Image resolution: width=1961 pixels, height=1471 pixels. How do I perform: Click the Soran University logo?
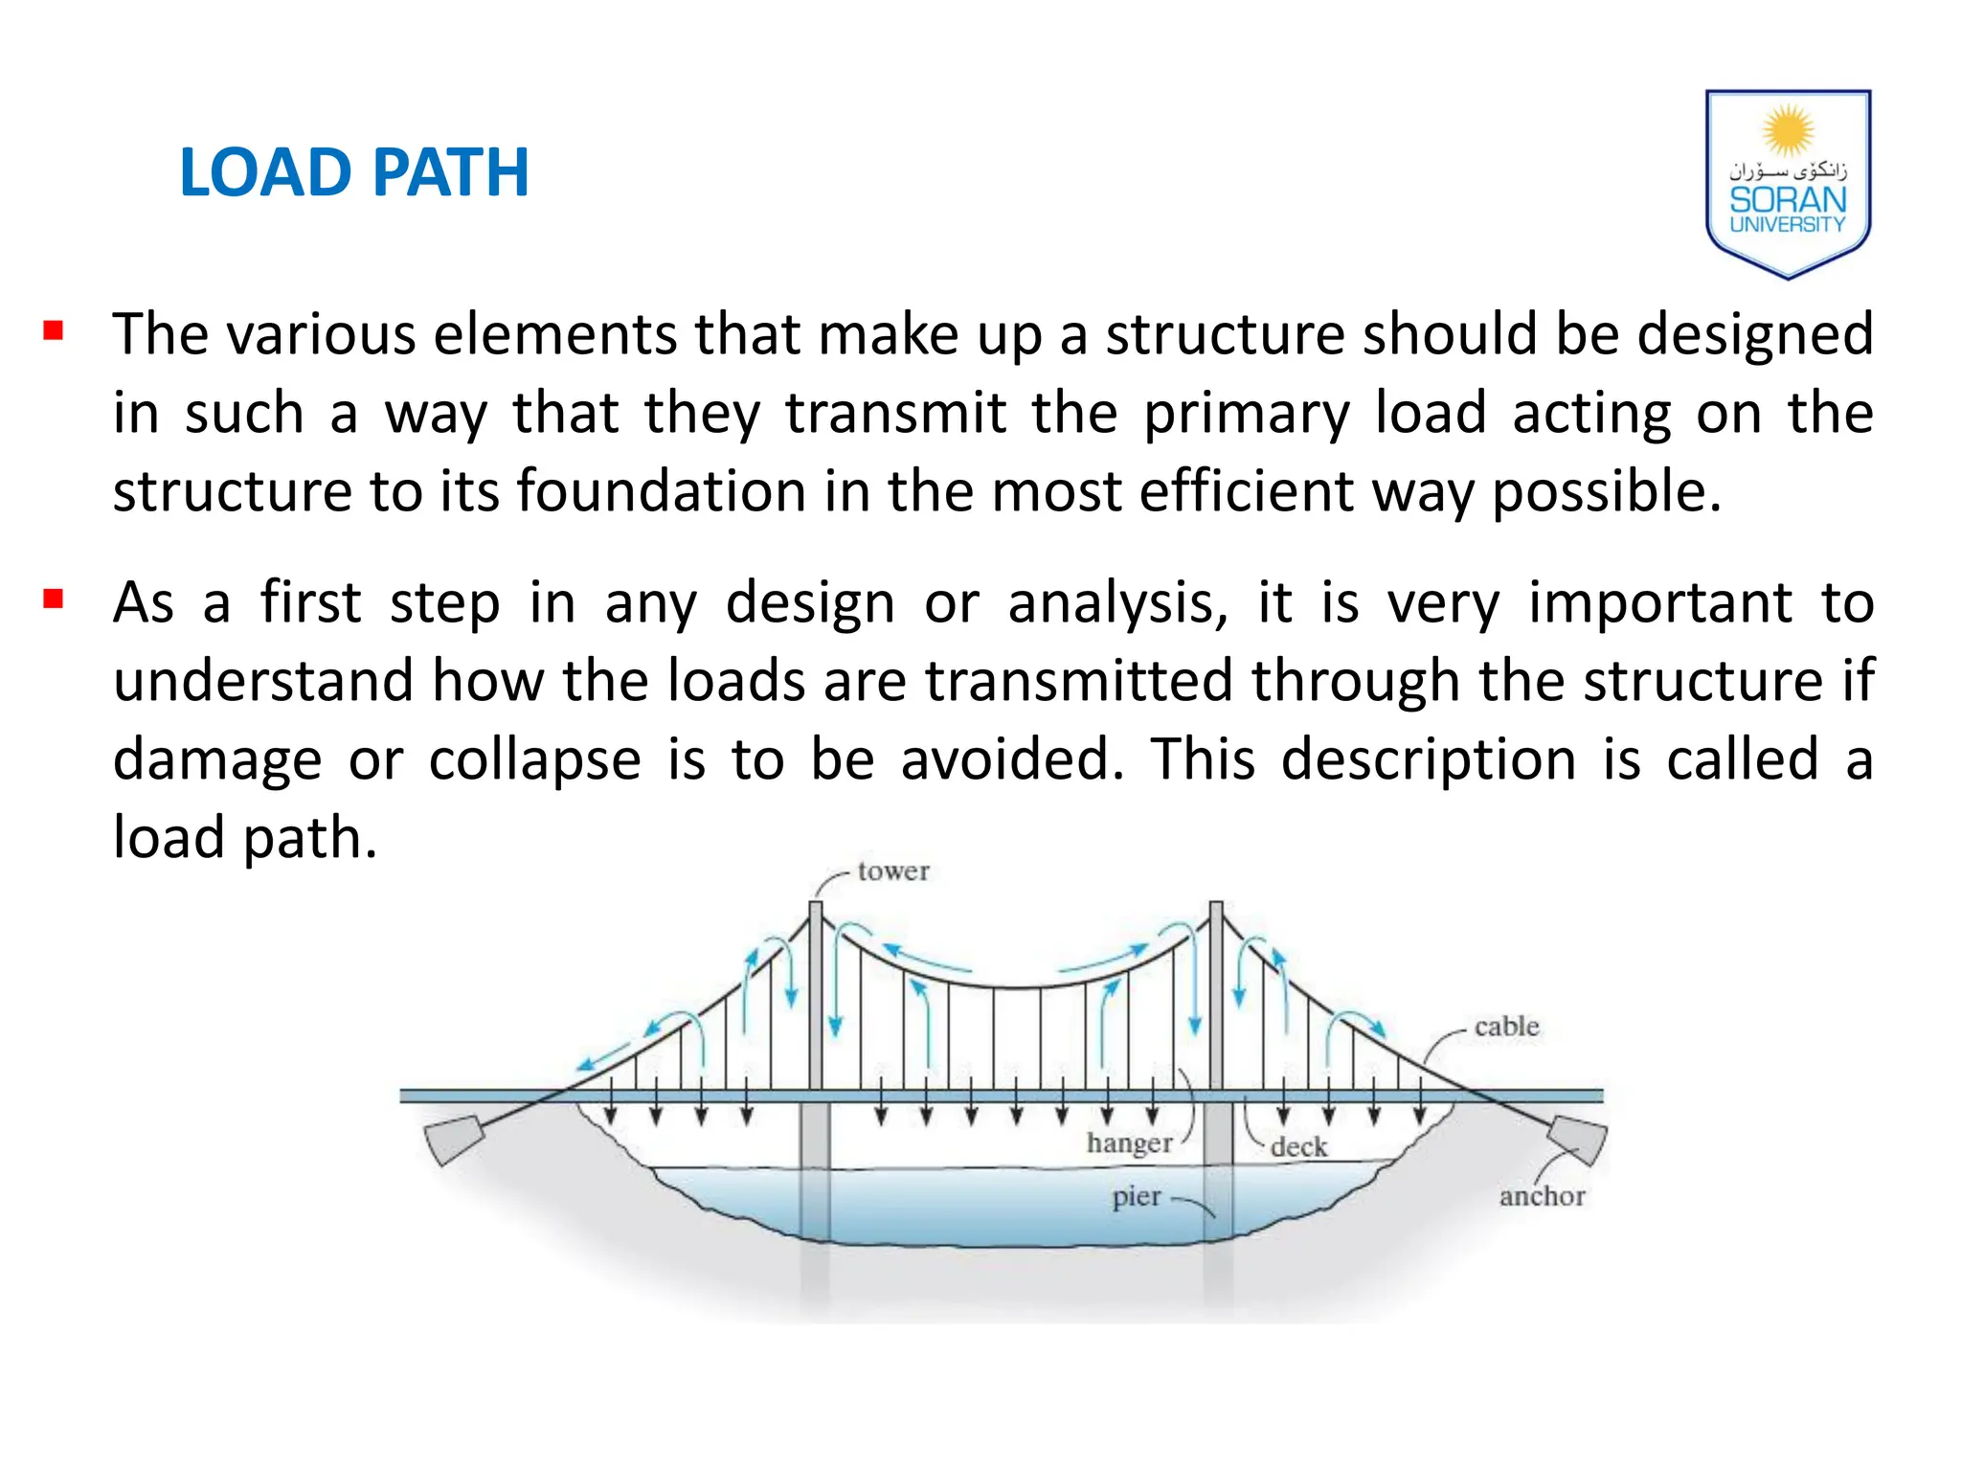1787,183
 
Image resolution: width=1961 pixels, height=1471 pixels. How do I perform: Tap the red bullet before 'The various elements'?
54,332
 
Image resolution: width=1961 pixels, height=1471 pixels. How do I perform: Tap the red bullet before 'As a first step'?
54,600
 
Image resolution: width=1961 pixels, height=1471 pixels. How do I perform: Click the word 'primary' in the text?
1246,413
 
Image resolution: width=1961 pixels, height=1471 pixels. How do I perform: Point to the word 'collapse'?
534,759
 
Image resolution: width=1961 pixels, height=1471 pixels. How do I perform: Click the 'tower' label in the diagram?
892,871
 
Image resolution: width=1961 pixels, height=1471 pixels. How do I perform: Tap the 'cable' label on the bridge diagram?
1506,1027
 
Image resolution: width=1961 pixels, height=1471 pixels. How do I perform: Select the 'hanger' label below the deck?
1129,1143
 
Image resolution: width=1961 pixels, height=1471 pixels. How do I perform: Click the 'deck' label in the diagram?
1298,1147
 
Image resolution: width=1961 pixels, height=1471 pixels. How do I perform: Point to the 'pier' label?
1136,1197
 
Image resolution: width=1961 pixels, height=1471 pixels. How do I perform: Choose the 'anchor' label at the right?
1542,1196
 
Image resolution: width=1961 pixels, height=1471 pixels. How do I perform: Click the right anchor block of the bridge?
1578,1139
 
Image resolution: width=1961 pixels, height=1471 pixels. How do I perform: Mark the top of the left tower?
816,905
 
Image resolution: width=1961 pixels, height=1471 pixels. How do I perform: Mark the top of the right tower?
1216,905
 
